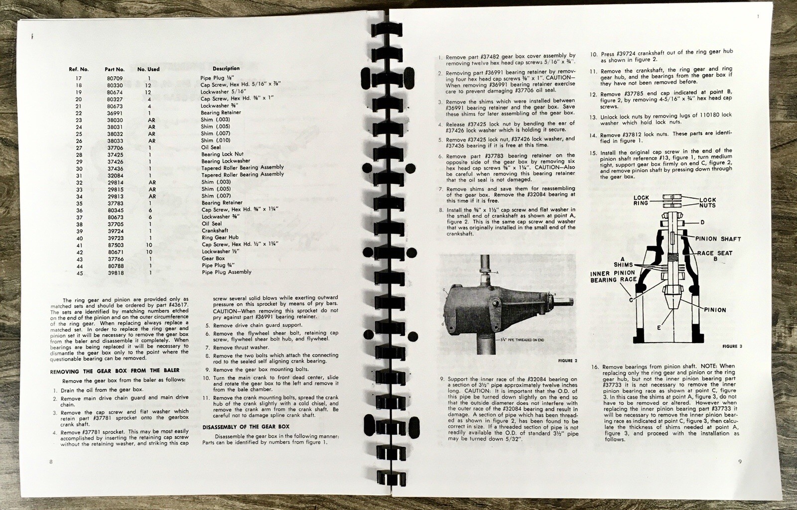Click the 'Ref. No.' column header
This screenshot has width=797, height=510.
coord(79,69)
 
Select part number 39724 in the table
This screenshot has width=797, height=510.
coord(116,231)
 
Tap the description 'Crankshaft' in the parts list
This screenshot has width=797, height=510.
coord(215,231)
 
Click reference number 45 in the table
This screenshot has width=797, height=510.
coord(79,273)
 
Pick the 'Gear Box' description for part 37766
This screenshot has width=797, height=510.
coord(213,258)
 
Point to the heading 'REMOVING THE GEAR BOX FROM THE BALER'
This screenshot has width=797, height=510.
coord(115,371)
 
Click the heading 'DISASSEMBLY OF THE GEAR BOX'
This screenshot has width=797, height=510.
coord(246,426)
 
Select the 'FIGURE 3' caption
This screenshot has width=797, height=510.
coord(732,346)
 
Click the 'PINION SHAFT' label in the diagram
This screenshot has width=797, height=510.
coord(718,239)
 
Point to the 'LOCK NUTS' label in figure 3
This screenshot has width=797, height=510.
coord(707,203)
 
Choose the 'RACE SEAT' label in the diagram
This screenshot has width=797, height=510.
coord(714,253)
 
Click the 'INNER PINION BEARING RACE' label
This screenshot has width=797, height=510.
coord(613,277)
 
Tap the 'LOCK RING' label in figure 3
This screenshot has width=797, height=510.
coord(641,200)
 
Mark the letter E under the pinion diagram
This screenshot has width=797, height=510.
coord(659,328)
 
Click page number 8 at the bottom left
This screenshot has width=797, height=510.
coord(51,462)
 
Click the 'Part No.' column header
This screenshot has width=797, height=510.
coord(115,69)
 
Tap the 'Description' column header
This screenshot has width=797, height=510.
coord(226,68)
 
